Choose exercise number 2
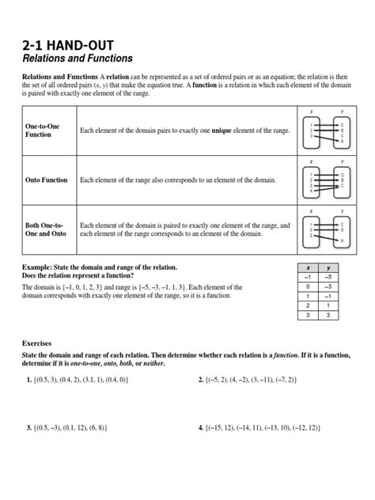point(200,380)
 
